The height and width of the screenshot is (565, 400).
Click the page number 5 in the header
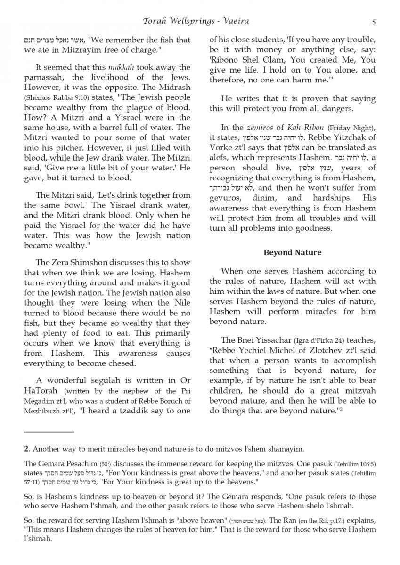(373, 21)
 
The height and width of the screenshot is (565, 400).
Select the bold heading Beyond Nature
(293, 252)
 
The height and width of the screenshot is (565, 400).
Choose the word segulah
(101, 380)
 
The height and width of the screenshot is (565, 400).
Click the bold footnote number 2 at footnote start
(26, 449)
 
